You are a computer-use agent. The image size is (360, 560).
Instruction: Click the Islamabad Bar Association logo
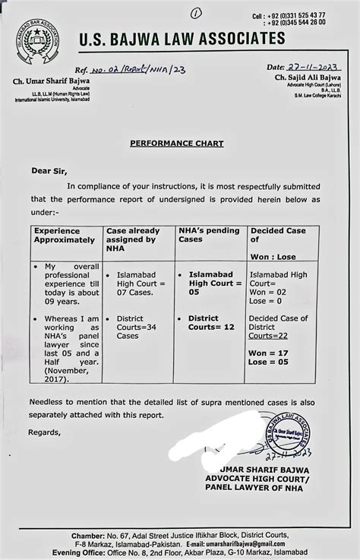click(37, 41)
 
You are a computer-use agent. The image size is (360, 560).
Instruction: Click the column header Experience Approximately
click(64, 235)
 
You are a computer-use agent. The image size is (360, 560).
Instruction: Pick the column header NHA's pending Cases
click(209, 235)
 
